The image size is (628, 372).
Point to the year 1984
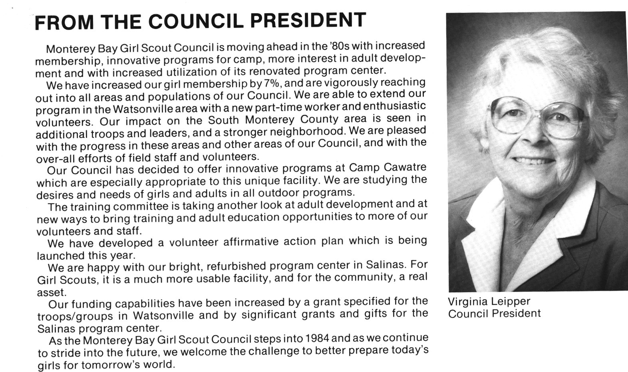(x=317, y=339)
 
